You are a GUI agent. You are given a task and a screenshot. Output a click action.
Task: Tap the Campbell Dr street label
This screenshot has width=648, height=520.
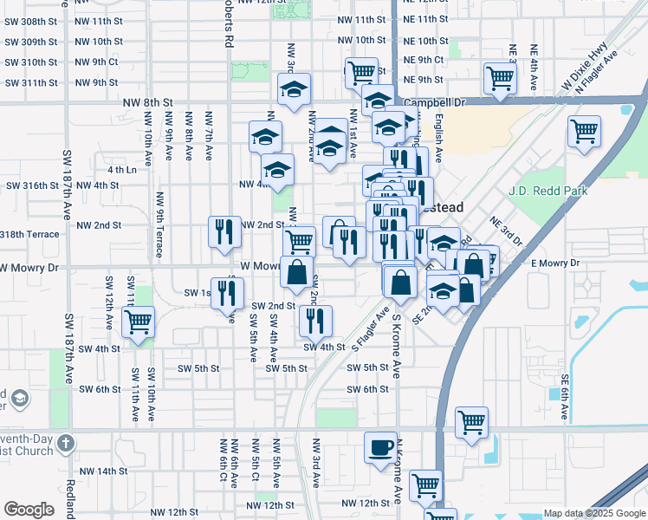(x=434, y=101)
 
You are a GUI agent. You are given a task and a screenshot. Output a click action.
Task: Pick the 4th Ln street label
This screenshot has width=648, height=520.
(x=122, y=170)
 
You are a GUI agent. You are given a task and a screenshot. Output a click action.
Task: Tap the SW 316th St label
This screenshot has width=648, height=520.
(x=30, y=185)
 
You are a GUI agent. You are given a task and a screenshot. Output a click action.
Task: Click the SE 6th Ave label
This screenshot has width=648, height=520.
(x=564, y=398)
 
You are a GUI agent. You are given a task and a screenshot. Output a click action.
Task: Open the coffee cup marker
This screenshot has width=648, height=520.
(x=379, y=447)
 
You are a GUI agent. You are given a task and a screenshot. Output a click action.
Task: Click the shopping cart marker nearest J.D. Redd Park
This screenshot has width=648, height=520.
(x=584, y=132)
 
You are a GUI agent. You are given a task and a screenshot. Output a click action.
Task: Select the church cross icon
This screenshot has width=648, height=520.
(x=68, y=445)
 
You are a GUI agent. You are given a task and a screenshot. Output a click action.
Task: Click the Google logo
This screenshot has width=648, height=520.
(x=29, y=510)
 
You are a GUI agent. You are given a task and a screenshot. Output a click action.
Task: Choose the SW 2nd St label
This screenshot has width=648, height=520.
(x=274, y=306)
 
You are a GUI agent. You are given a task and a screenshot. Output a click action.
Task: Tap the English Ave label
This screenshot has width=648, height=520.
(x=439, y=137)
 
